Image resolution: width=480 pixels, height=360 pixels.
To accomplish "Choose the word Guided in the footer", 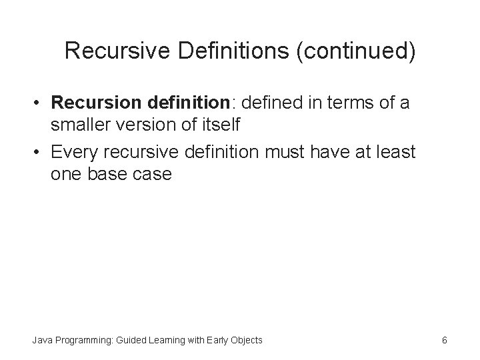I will [x=133, y=340].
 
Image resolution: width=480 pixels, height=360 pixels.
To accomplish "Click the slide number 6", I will [x=444, y=340].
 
